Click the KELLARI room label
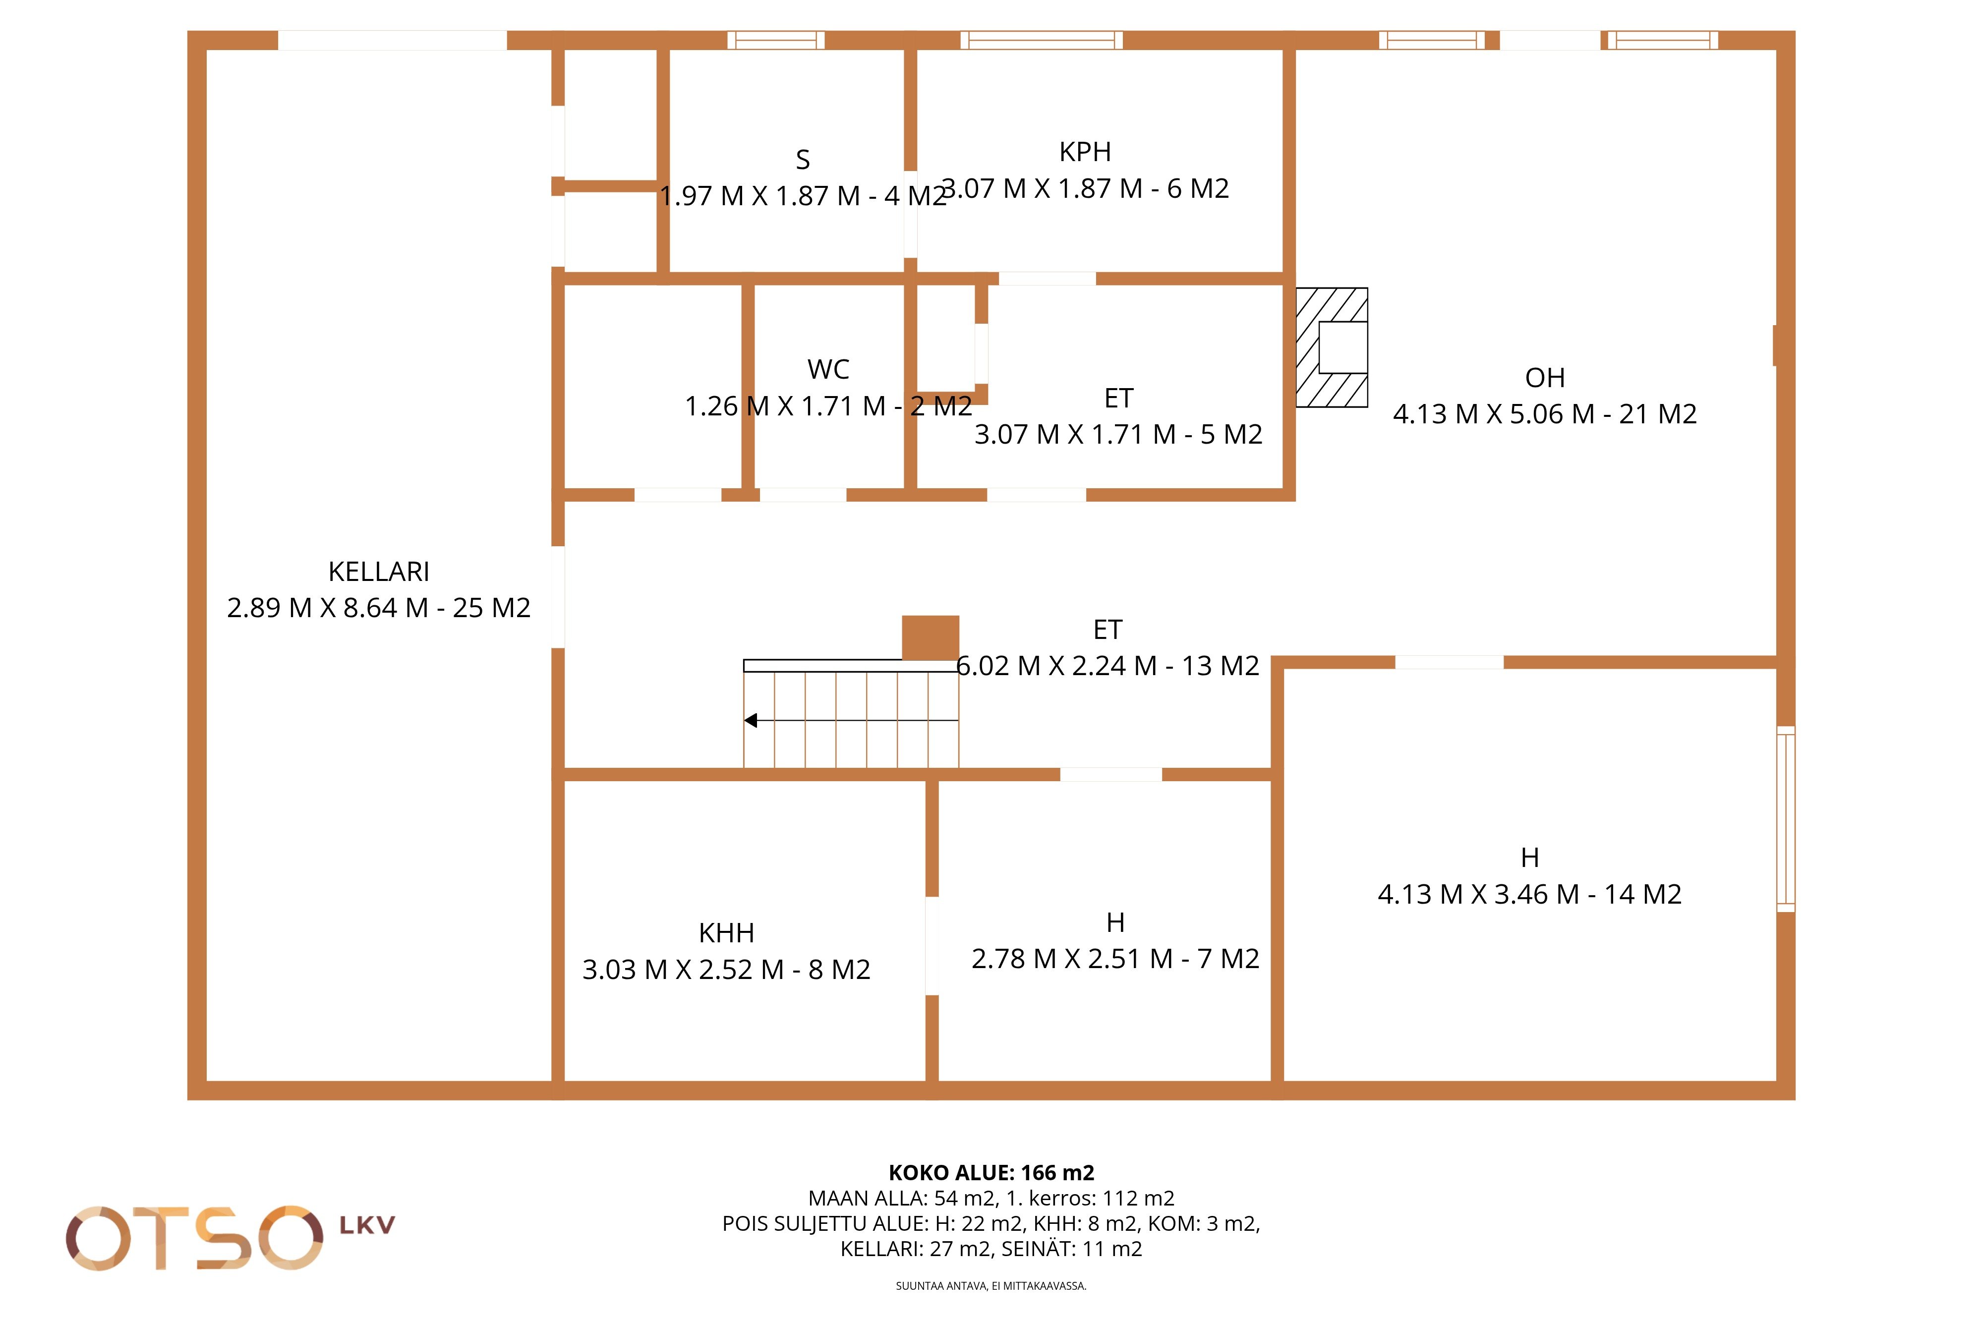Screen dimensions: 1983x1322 tap(379, 572)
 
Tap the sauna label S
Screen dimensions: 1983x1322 tap(803, 159)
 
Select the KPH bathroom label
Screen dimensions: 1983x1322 tap(1085, 152)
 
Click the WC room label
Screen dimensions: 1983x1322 tap(828, 369)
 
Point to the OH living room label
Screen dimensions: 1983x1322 tap(1545, 378)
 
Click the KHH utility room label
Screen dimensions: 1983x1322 tap(726, 933)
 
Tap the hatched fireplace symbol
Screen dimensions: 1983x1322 tap(1331, 347)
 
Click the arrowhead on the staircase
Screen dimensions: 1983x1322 tap(751, 720)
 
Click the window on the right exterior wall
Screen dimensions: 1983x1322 tap(1786, 819)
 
